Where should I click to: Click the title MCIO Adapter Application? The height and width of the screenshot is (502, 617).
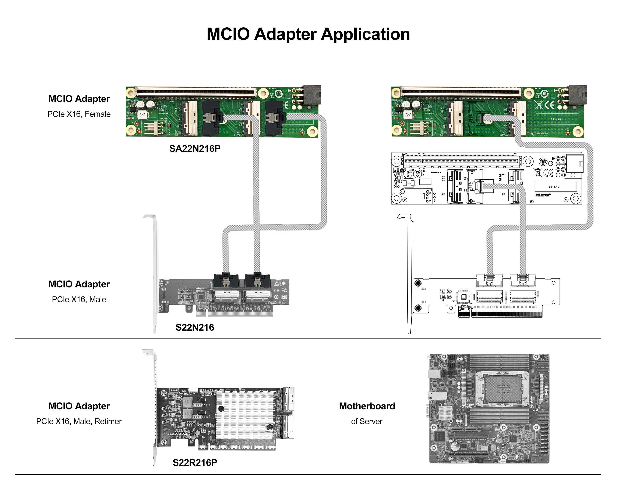click(x=308, y=34)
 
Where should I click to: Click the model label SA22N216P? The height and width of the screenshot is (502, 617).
click(x=195, y=149)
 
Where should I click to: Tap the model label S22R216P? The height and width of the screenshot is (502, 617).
click(x=195, y=463)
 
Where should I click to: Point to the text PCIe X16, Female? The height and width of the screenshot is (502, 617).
click(x=79, y=114)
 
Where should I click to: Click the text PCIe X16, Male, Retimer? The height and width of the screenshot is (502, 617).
click(x=79, y=421)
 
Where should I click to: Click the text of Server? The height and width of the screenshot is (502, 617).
click(x=367, y=421)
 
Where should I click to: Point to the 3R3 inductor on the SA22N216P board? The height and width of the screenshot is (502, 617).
click(x=142, y=115)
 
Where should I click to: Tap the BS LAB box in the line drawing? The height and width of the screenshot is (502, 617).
click(x=556, y=186)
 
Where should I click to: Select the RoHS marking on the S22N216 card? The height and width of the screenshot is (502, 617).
click(x=284, y=297)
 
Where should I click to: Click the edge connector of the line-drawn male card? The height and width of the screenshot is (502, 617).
click(x=500, y=314)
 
